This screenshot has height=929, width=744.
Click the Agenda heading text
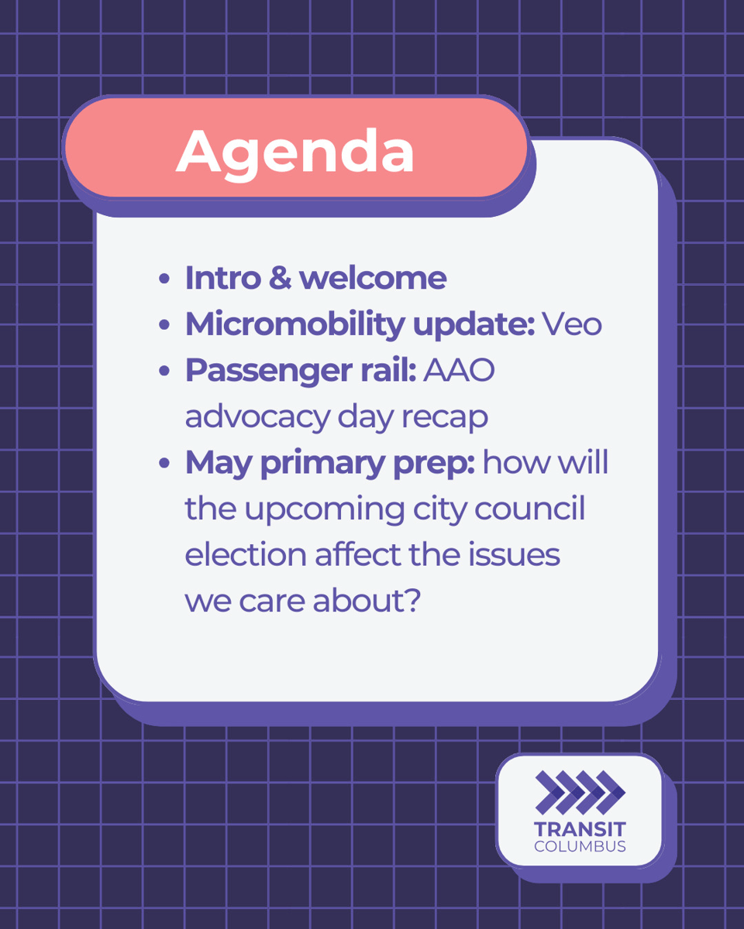coord(294,151)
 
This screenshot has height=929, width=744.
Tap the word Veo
coord(572,325)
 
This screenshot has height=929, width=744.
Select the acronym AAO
coord(460,372)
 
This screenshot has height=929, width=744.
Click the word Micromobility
coord(293,325)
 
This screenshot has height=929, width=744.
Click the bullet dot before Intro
coord(164,279)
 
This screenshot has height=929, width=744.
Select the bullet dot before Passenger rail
coord(164,372)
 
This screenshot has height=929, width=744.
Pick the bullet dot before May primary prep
coord(164,464)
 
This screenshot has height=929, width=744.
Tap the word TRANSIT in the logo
coord(580,829)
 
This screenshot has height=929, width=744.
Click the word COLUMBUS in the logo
coord(580,846)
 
